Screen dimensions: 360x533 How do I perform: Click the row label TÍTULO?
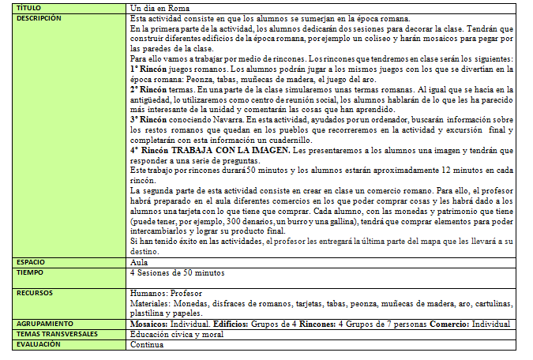28,6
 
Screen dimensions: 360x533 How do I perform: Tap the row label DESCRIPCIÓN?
38,17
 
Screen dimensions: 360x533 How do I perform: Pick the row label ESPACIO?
32,261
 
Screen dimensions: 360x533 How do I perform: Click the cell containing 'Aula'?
139,261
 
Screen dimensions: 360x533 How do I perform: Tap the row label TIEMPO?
30,272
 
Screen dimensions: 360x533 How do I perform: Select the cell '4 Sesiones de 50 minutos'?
177,272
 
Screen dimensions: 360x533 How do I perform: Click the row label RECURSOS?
34,292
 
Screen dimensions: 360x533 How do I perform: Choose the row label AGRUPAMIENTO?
45,323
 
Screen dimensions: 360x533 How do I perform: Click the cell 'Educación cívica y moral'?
176,334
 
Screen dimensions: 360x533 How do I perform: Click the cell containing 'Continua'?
146,344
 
